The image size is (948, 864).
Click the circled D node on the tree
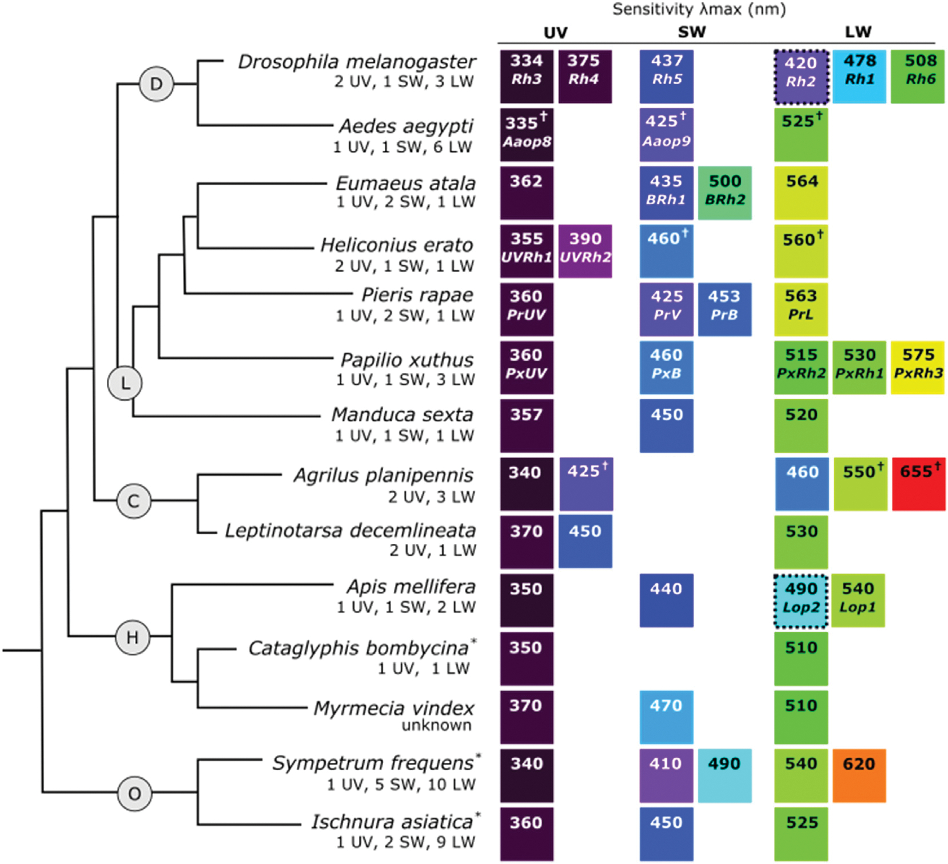[x=156, y=84]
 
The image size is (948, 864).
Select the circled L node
[x=125, y=383]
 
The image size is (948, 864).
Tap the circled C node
[x=133, y=501]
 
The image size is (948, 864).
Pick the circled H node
[x=133, y=637]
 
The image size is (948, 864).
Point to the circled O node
[x=134, y=794]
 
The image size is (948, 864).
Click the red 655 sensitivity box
[x=918, y=484]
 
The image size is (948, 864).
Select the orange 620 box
[x=859, y=775]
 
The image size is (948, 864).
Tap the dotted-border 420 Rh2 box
[x=800, y=77]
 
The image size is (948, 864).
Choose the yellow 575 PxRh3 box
[x=918, y=368]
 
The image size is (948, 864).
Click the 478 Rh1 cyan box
[x=859, y=77]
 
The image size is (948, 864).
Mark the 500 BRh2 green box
[x=724, y=193]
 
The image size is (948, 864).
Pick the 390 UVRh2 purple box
[x=585, y=252]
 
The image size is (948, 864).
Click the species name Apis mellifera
[x=411, y=587]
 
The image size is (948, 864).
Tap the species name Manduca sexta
[x=402, y=415]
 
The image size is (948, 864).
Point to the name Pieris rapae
[x=417, y=295]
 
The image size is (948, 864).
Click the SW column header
[x=691, y=32]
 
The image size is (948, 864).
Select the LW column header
[x=858, y=32]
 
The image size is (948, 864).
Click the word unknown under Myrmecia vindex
[x=436, y=725]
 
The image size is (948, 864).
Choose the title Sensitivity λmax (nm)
[x=699, y=10]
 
